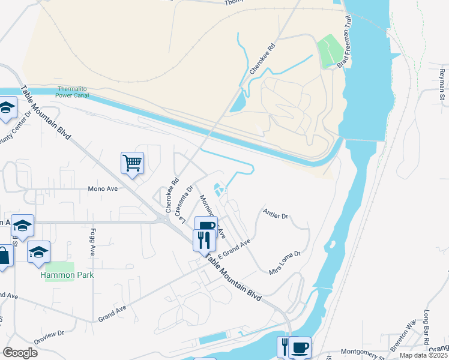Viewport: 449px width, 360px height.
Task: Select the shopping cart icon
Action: [x=132, y=162]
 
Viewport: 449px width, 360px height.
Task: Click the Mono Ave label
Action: [x=103, y=188]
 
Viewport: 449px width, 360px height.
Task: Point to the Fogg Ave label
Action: [x=93, y=242]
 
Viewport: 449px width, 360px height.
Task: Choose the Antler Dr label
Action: [x=276, y=214]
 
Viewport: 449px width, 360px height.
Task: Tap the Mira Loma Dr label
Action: [x=284, y=263]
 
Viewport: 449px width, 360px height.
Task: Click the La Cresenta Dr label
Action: [x=185, y=203]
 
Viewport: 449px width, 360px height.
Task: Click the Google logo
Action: [x=20, y=353]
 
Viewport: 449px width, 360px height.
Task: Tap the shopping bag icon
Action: [x=4, y=257]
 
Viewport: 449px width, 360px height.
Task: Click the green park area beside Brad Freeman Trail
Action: [x=328, y=50]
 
